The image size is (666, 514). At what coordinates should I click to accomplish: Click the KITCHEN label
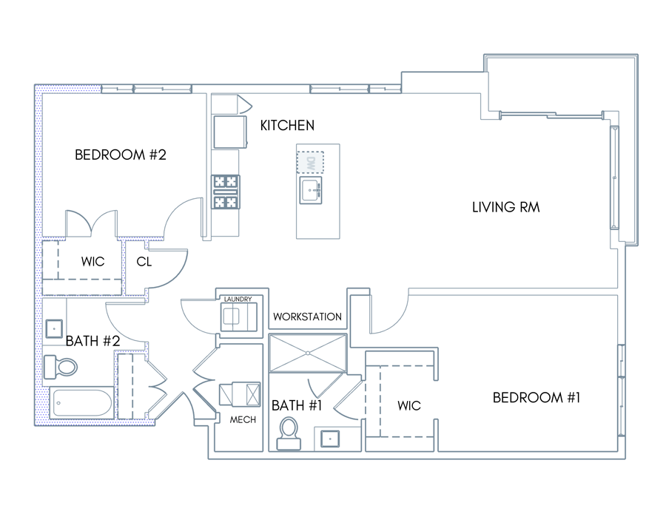(x=287, y=126)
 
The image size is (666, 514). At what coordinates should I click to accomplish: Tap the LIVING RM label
(x=506, y=207)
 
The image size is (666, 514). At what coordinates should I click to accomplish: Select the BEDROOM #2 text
(x=120, y=155)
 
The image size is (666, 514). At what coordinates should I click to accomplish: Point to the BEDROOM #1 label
(x=536, y=398)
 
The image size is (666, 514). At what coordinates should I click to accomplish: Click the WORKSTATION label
(x=307, y=317)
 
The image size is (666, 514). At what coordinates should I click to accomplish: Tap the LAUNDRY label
(x=238, y=300)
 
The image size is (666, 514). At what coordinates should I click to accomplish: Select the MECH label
(x=243, y=420)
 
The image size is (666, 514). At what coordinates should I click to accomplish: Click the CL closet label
(x=144, y=262)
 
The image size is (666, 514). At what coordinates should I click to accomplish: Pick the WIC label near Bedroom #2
(x=92, y=262)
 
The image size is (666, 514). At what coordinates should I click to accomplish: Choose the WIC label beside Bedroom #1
(x=409, y=406)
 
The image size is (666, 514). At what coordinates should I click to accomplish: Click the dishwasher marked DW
(x=310, y=163)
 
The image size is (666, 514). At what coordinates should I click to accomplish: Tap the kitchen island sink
(x=311, y=191)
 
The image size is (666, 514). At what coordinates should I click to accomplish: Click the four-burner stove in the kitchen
(x=226, y=192)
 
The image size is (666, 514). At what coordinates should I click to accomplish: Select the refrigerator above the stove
(x=230, y=132)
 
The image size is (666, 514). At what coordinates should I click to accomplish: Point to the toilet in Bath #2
(x=61, y=367)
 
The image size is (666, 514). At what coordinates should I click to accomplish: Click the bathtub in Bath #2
(x=82, y=402)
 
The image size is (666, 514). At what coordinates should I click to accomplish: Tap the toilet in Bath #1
(x=289, y=433)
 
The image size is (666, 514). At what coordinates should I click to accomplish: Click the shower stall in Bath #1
(x=308, y=353)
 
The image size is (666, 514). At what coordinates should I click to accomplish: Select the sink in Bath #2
(x=54, y=329)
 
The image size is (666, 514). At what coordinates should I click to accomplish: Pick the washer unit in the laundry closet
(x=239, y=317)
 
